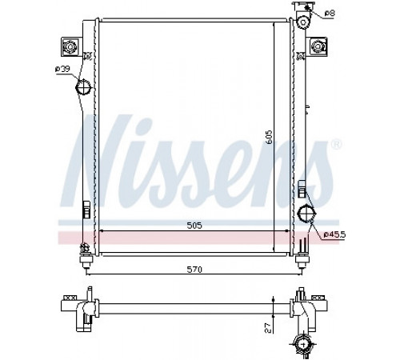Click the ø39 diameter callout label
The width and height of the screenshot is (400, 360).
(x=62, y=69)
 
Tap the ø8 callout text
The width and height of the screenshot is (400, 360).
(x=330, y=13)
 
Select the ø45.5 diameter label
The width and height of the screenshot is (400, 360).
(x=334, y=234)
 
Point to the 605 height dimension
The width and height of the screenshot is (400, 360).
(x=269, y=137)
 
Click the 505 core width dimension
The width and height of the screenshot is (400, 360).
(x=194, y=226)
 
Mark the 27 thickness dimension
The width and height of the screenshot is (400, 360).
(x=269, y=328)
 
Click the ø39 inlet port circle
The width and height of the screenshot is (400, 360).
(x=83, y=86)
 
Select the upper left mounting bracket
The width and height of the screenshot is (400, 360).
(x=70, y=47)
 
